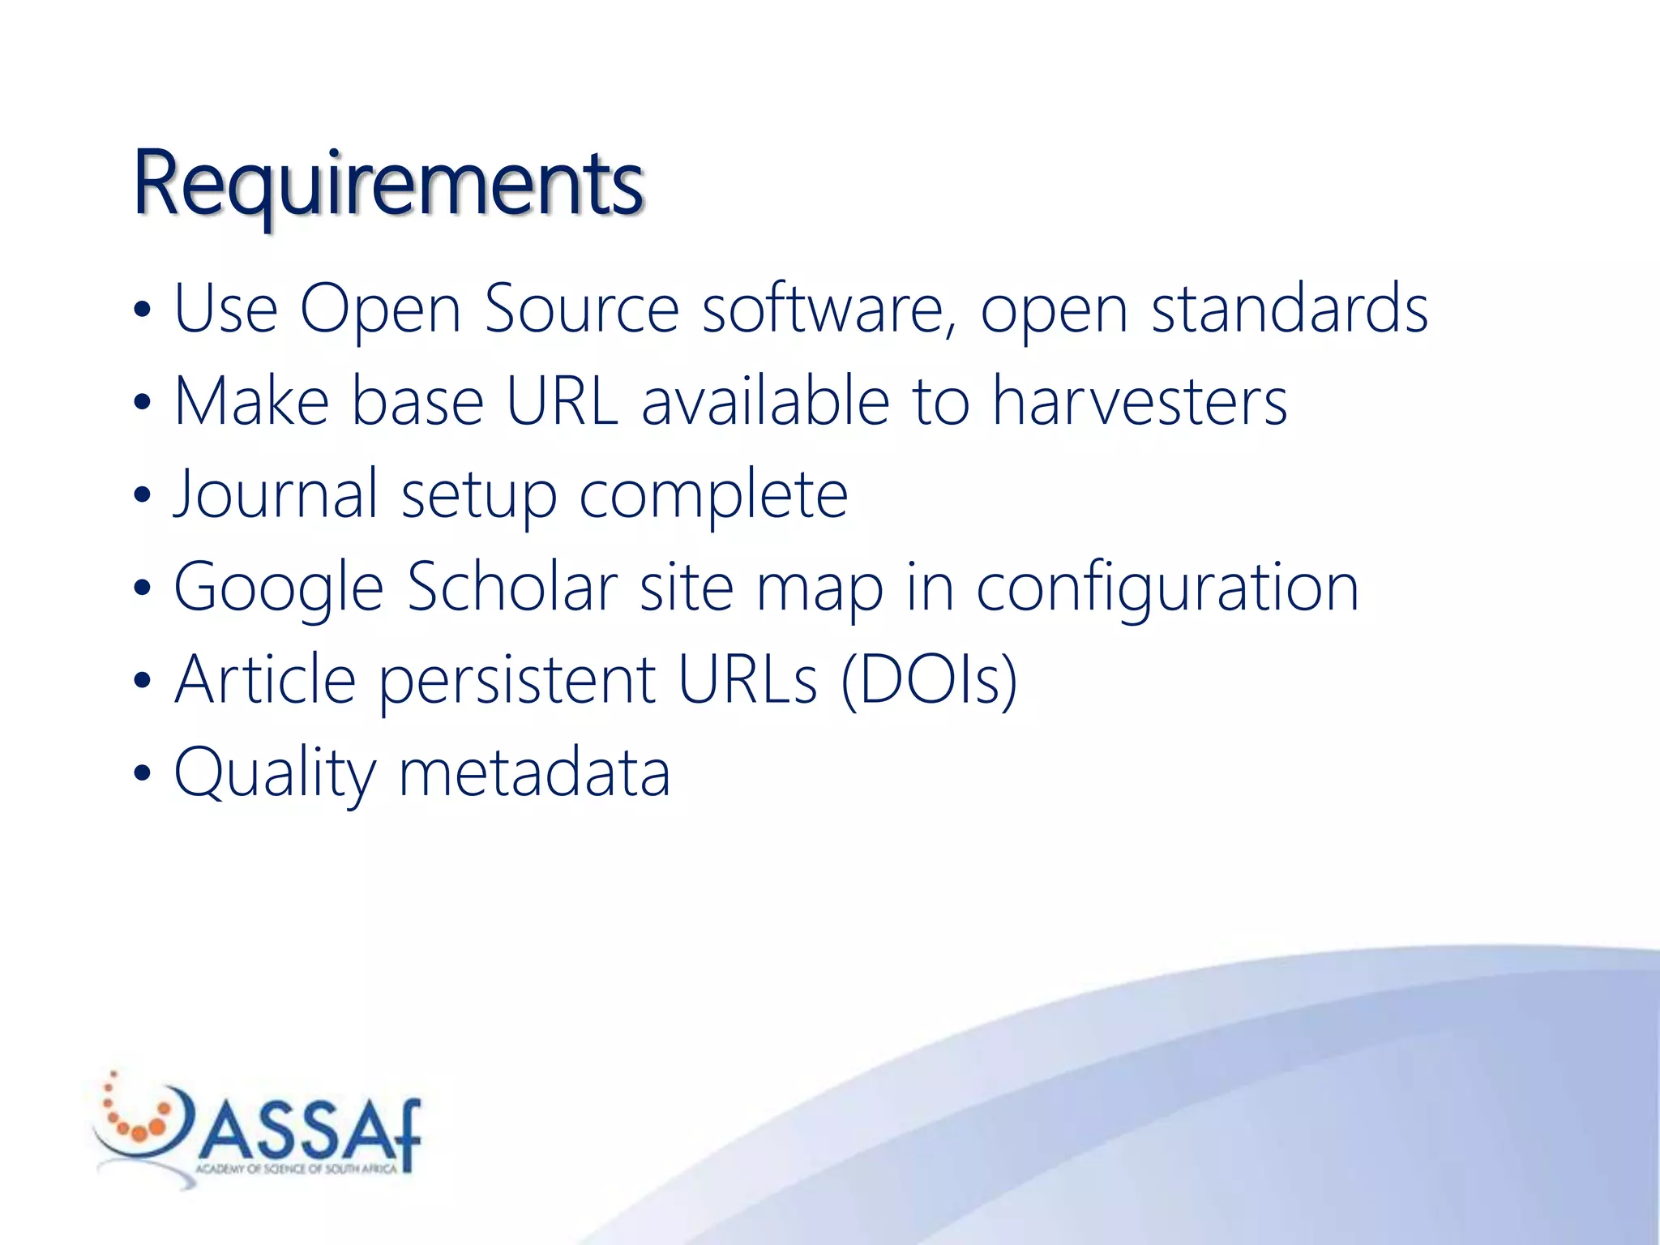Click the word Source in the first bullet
click(581, 309)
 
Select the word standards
click(1289, 309)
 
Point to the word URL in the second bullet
click(562, 401)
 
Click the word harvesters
click(1140, 401)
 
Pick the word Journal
click(276, 494)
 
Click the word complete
click(713, 495)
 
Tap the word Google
click(278, 588)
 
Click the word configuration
click(1167, 588)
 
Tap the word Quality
click(275, 773)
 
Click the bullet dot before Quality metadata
click(143, 772)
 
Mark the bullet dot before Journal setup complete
click(143, 494)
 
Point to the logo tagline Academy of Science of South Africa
click(296, 1169)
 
